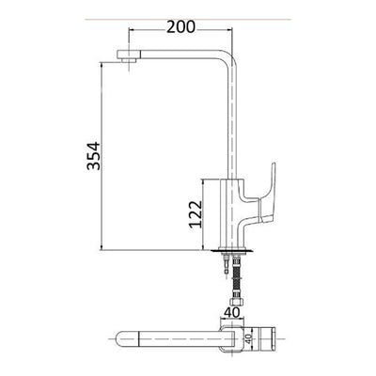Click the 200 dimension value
pos(180,27)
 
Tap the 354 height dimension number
pos(94,156)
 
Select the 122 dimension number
pos(196,214)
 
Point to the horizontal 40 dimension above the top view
pos(232,312)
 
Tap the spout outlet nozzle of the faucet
pos(128,56)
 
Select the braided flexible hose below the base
pos(235,278)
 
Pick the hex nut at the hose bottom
pos(235,303)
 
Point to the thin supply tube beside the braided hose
pos(226,266)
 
